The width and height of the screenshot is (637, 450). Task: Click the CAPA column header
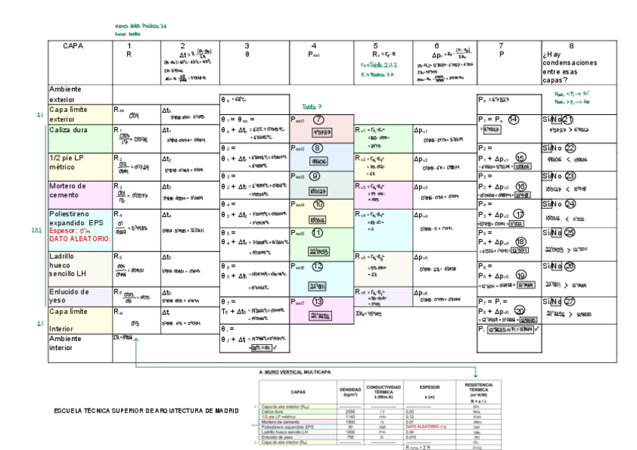(73, 46)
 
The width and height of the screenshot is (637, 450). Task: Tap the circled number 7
(318, 120)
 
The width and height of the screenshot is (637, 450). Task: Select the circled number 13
(318, 301)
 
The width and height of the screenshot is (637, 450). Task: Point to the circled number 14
(514, 119)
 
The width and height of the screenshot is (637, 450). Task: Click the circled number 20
(521, 310)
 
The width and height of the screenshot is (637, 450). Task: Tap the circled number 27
(569, 301)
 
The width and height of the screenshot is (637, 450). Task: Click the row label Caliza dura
(69, 131)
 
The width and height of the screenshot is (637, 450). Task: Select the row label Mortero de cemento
(70, 191)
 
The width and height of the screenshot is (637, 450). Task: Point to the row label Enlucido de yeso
(70, 296)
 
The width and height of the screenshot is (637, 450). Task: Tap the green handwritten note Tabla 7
(312, 107)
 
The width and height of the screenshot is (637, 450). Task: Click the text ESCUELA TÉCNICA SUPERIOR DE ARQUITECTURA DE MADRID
(146, 411)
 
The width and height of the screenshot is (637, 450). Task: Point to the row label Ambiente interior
(68, 343)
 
